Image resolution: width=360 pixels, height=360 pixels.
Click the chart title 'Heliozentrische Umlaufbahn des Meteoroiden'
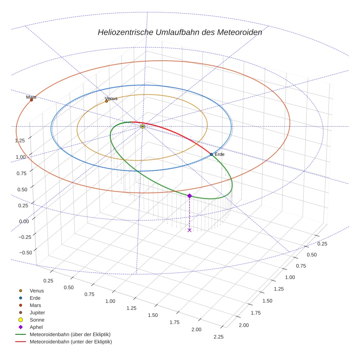click(180, 32)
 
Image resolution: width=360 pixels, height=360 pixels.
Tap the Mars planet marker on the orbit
click(31, 100)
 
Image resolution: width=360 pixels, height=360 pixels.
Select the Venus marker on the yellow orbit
click(106, 101)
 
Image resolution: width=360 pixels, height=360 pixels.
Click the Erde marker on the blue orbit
click(211, 154)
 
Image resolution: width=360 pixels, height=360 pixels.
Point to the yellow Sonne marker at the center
click(142, 126)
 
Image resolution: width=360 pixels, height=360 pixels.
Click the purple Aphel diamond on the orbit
click(189, 196)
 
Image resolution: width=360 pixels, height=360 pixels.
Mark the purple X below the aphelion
click(189, 230)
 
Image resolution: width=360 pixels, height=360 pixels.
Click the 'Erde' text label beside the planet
click(220, 154)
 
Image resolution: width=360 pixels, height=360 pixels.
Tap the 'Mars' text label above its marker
click(31, 97)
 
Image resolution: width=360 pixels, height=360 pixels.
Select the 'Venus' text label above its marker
click(111, 98)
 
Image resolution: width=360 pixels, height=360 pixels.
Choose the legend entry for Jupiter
click(37, 312)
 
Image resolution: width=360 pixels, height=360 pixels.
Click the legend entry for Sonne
click(37, 320)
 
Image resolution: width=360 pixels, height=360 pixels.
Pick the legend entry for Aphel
click(36, 327)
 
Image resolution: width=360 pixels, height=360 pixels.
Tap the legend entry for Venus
click(37, 290)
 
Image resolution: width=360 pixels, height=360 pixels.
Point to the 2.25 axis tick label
click(218, 337)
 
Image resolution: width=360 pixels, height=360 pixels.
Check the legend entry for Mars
click(35, 305)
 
